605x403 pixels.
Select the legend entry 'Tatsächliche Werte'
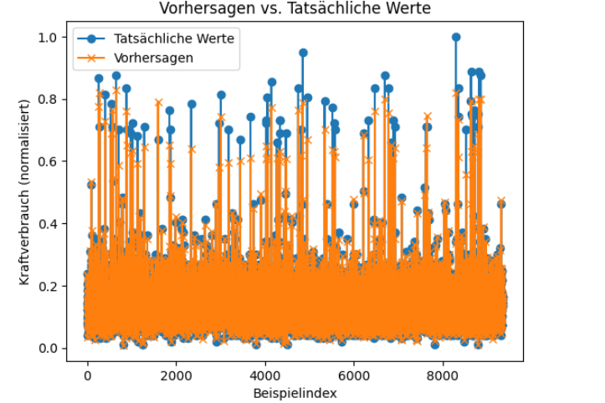click(174, 38)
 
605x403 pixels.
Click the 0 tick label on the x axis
click(87, 375)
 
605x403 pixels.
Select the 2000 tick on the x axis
click(177, 375)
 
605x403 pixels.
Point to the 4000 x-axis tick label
click(265, 375)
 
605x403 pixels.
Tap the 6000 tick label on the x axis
click(355, 375)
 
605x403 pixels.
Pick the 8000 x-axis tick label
click(443, 375)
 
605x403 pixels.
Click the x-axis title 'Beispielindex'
click(295, 391)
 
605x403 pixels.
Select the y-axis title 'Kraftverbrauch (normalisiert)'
click(25, 192)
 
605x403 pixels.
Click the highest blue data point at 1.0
click(456, 38)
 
